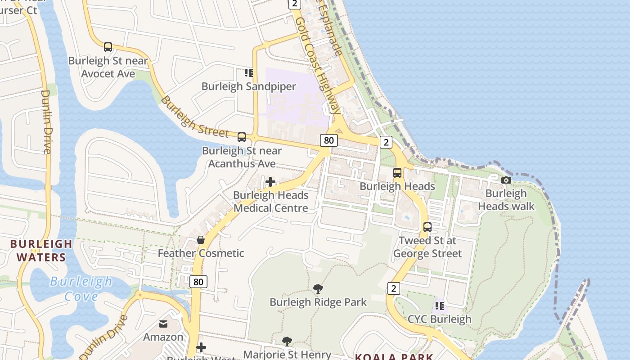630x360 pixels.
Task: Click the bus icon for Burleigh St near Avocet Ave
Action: coord(108,47)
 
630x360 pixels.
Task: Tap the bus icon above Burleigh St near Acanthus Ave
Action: coord(242,137)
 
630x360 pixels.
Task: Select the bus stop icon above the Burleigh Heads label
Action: coord(397,172)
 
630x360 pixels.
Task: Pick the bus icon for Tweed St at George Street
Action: coord(427,227)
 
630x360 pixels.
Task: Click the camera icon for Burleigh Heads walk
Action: coord(506,180)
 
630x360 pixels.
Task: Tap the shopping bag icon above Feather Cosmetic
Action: coord(201,240)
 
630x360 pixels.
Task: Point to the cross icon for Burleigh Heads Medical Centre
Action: coord(270,182)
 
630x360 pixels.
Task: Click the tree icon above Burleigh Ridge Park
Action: coord(318,288)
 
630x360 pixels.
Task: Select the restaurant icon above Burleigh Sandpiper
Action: coord(249,72)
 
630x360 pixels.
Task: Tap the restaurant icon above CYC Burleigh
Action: coord(440,306)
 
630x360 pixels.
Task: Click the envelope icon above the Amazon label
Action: coord(163,324)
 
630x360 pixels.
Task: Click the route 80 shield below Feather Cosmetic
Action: coord(198,282)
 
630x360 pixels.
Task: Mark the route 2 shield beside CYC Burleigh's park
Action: coord(393,288)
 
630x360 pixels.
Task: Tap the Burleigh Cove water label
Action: coord(81,289)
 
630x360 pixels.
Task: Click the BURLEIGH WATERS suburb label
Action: coord(41,251)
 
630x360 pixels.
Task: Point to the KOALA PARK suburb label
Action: coord(394,357)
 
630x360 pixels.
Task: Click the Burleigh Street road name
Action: coord(194,117)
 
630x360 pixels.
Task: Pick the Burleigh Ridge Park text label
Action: coord(318,302)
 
